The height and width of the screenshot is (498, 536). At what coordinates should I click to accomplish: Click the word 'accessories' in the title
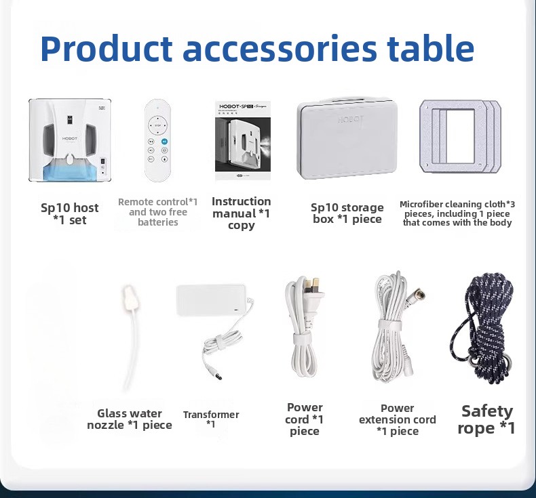click(x=280, y=49)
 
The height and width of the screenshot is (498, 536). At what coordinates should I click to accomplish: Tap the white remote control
click(x=157, y=140)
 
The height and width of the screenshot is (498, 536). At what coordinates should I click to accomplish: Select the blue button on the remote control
click(x=164, y=142)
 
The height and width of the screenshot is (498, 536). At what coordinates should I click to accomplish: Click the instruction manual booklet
click(x=243, y=140)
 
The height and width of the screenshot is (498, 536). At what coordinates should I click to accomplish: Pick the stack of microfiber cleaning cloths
click(x=460, y=136)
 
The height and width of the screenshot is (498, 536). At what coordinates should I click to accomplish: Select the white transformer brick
click(x=211, y=300)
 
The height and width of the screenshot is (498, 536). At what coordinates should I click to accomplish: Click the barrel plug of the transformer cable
click(x=215, y=373)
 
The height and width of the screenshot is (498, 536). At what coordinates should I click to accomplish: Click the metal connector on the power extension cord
click(x=418, y=294)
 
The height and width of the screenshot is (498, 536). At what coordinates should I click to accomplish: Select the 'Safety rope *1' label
click(x=486, y=419)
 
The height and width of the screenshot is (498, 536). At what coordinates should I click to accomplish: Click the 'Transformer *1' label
click(x=211, y=419)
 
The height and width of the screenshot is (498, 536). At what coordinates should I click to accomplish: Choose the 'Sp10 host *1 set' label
click(x=70, y=213)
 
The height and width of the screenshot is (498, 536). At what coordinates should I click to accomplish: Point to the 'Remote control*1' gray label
click(x=157, y=202)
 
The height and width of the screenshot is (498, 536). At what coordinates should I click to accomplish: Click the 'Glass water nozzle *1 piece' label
click(x=130, y=419)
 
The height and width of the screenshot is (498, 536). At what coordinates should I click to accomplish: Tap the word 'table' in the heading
click(x=431, y=48)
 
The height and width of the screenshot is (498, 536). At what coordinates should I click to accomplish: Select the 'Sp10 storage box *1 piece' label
click(x=347, y=213)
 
